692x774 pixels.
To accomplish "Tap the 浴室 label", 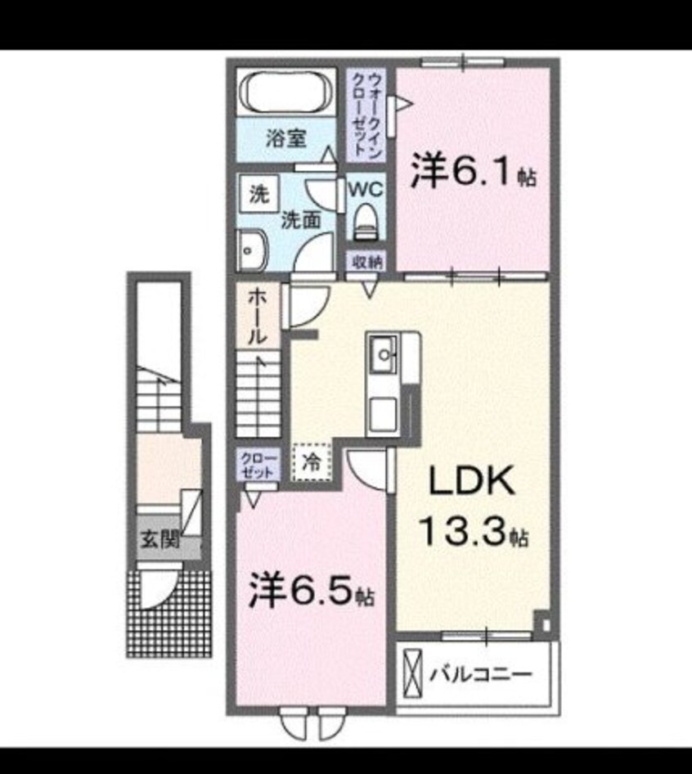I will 285,137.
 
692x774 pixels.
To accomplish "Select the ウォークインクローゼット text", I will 365,114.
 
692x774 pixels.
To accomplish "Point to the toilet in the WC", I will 364,222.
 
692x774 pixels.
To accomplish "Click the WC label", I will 364,187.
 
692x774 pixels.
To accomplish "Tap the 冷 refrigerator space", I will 312,461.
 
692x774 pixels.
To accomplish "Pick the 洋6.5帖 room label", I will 312,590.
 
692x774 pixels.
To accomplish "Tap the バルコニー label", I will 482,674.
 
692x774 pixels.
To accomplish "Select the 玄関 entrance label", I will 159,540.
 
